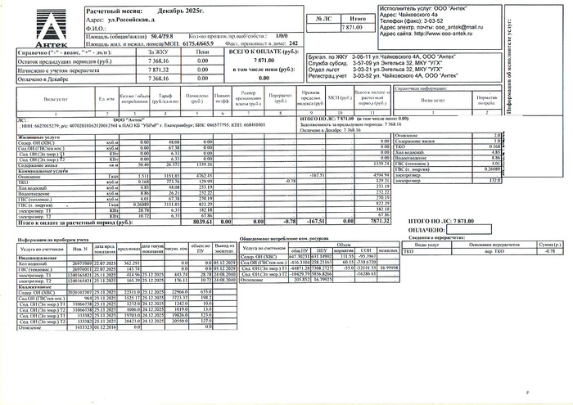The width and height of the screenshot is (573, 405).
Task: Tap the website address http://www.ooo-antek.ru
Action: pos(458,34)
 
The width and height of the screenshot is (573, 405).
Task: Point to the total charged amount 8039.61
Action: pos(202,221)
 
